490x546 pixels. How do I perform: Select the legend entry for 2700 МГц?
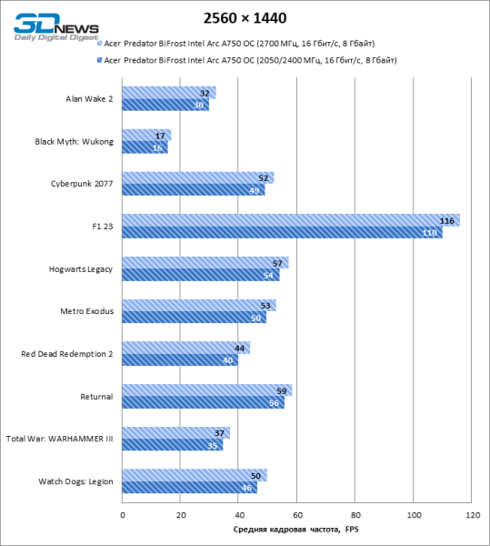point(238,44)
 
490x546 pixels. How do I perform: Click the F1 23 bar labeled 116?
point(291,220)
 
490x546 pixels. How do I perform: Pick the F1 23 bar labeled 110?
point(282,233)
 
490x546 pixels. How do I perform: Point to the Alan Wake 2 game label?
point(89,98)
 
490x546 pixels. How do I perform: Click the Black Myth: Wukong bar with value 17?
point(146,136)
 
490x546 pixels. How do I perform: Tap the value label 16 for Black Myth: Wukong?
point(158,147)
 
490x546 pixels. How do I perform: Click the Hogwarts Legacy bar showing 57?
point(205,263)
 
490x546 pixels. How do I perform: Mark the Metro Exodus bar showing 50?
point(194,318)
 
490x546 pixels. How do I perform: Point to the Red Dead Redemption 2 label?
point(66,354)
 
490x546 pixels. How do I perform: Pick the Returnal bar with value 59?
point(207,390)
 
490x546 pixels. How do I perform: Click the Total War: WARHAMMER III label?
point(59,439)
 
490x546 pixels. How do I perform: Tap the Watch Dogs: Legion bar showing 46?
point(189,489)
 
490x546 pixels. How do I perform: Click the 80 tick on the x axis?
point(355,516)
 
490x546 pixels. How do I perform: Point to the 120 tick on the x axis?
point(472,516)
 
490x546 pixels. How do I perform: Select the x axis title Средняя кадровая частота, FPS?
point(296,531)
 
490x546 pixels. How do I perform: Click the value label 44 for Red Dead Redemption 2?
point(239,349)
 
